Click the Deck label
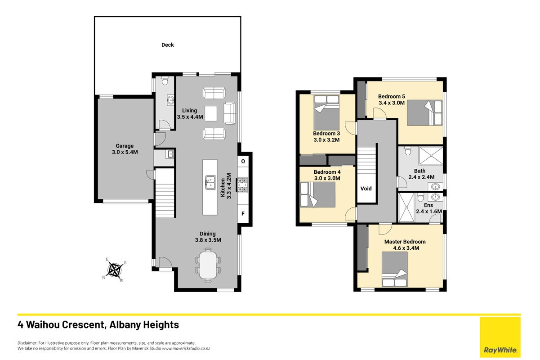click(168, 45)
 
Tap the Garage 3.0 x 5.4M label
click(125, 149)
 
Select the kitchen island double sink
click(210, 182)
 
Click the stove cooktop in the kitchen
click(242, 185)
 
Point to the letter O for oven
click(243, 162)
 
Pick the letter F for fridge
click(243, 214)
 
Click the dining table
click(208, 265)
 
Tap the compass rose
click(115, 270)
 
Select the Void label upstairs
click(366, 189)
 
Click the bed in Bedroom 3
click(326, 112)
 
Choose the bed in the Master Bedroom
click(395, 269)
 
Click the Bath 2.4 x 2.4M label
click(421, 174)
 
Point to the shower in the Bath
click(431, 156)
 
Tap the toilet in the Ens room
click(420, 198)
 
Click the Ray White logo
click(500, 337)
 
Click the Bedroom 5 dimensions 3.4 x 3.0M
click(392, 103)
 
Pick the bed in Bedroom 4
click(318, 194)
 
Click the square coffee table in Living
click(211, 114)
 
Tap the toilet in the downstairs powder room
click(165, 81)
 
